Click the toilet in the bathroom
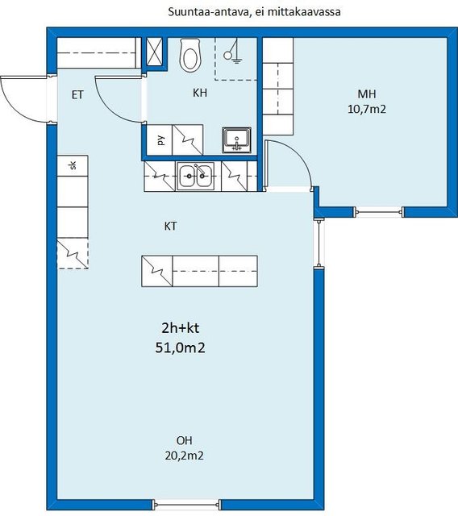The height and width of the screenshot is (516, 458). (x=190, y=56)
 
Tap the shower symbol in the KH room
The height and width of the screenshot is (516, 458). (x=232, y=52)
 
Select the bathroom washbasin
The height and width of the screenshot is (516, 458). (x=236, y=139)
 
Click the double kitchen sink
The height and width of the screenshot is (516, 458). (x=195, y=176)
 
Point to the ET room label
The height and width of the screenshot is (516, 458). (x=77, y=95)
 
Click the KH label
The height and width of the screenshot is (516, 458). (x=200, y=93)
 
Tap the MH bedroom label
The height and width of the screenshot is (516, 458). (x=367, y=94)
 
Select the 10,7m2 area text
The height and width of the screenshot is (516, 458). (x=367, y=109)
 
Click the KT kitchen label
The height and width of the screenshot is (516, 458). (x=170, y=226)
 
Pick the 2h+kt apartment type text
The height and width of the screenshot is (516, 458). (x=181, y=328)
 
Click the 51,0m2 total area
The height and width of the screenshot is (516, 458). (x=181, y=347)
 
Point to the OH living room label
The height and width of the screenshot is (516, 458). (x=185, y=440)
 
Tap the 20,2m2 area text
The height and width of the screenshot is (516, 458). (x=185, y=456)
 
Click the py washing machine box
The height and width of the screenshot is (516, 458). (x=159, y=139)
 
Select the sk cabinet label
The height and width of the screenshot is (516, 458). (x=73, y=165)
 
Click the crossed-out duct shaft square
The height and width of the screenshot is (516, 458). (x=155, y=52)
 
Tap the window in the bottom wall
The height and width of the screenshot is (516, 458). (x=187, y=504)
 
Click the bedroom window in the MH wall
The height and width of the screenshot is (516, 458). (x=379, y=212)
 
